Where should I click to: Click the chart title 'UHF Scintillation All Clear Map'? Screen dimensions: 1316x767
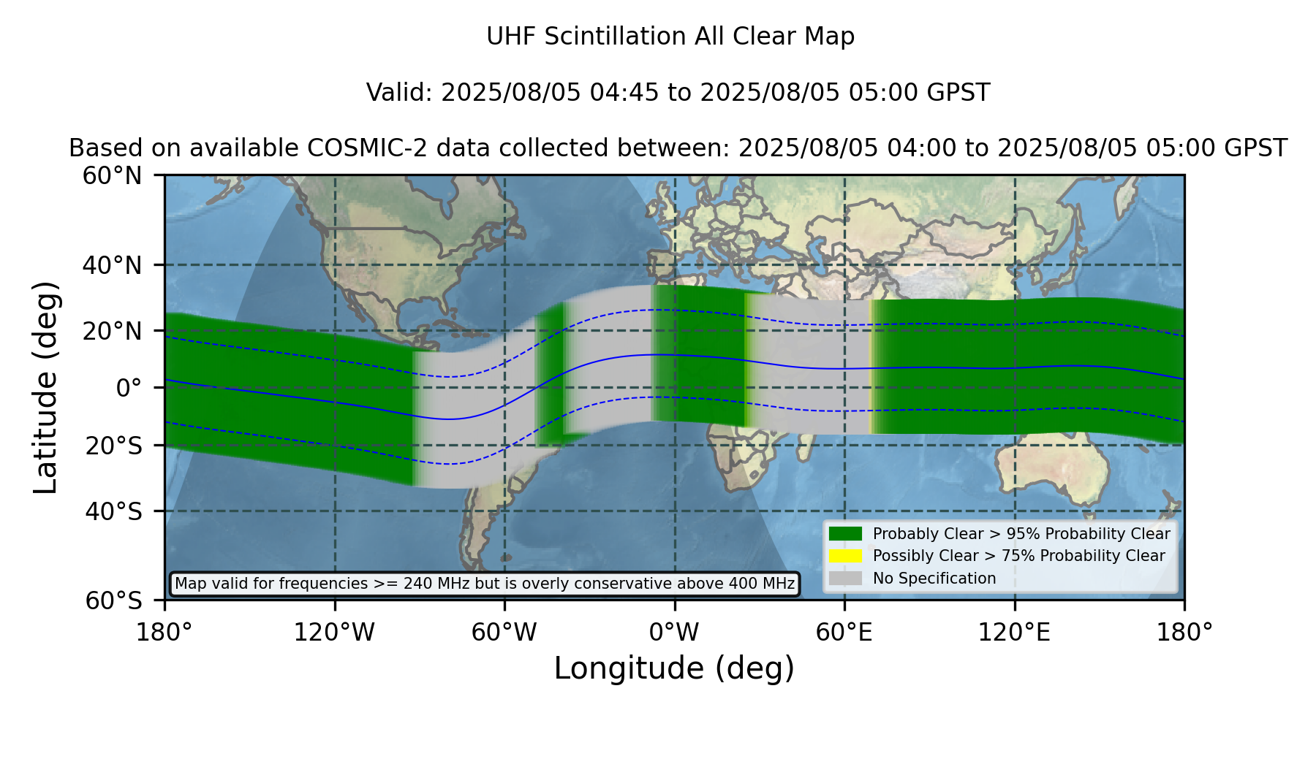[x=670, y=37]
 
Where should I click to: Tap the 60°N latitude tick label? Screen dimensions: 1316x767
[x=112, y=176]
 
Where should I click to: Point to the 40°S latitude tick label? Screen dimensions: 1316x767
[x=113, y=511]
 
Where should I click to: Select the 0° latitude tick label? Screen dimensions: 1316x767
[x=129, y=388]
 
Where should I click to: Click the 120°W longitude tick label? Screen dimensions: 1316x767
[x=334, y=633]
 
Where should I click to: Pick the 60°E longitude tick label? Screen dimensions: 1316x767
[x=844, y=633]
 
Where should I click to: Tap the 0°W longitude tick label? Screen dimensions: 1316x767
[x=674, y=633]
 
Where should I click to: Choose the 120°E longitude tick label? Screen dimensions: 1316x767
[x=1015, y=633]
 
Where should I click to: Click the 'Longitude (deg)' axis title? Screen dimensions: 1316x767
[x=674, y=668]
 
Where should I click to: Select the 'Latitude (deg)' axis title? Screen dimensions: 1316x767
[x=46, y=387]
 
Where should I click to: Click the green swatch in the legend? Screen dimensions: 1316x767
[x=845, y=534]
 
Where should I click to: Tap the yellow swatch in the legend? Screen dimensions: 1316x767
[x=845, y=556]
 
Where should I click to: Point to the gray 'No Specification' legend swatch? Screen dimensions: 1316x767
[x=845, y=579]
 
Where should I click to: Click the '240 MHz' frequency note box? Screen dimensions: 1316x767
[x=485, y=584]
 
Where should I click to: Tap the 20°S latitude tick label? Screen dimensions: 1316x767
[x=113, y=446]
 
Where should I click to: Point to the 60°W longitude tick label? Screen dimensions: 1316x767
[x=504, y=633]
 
